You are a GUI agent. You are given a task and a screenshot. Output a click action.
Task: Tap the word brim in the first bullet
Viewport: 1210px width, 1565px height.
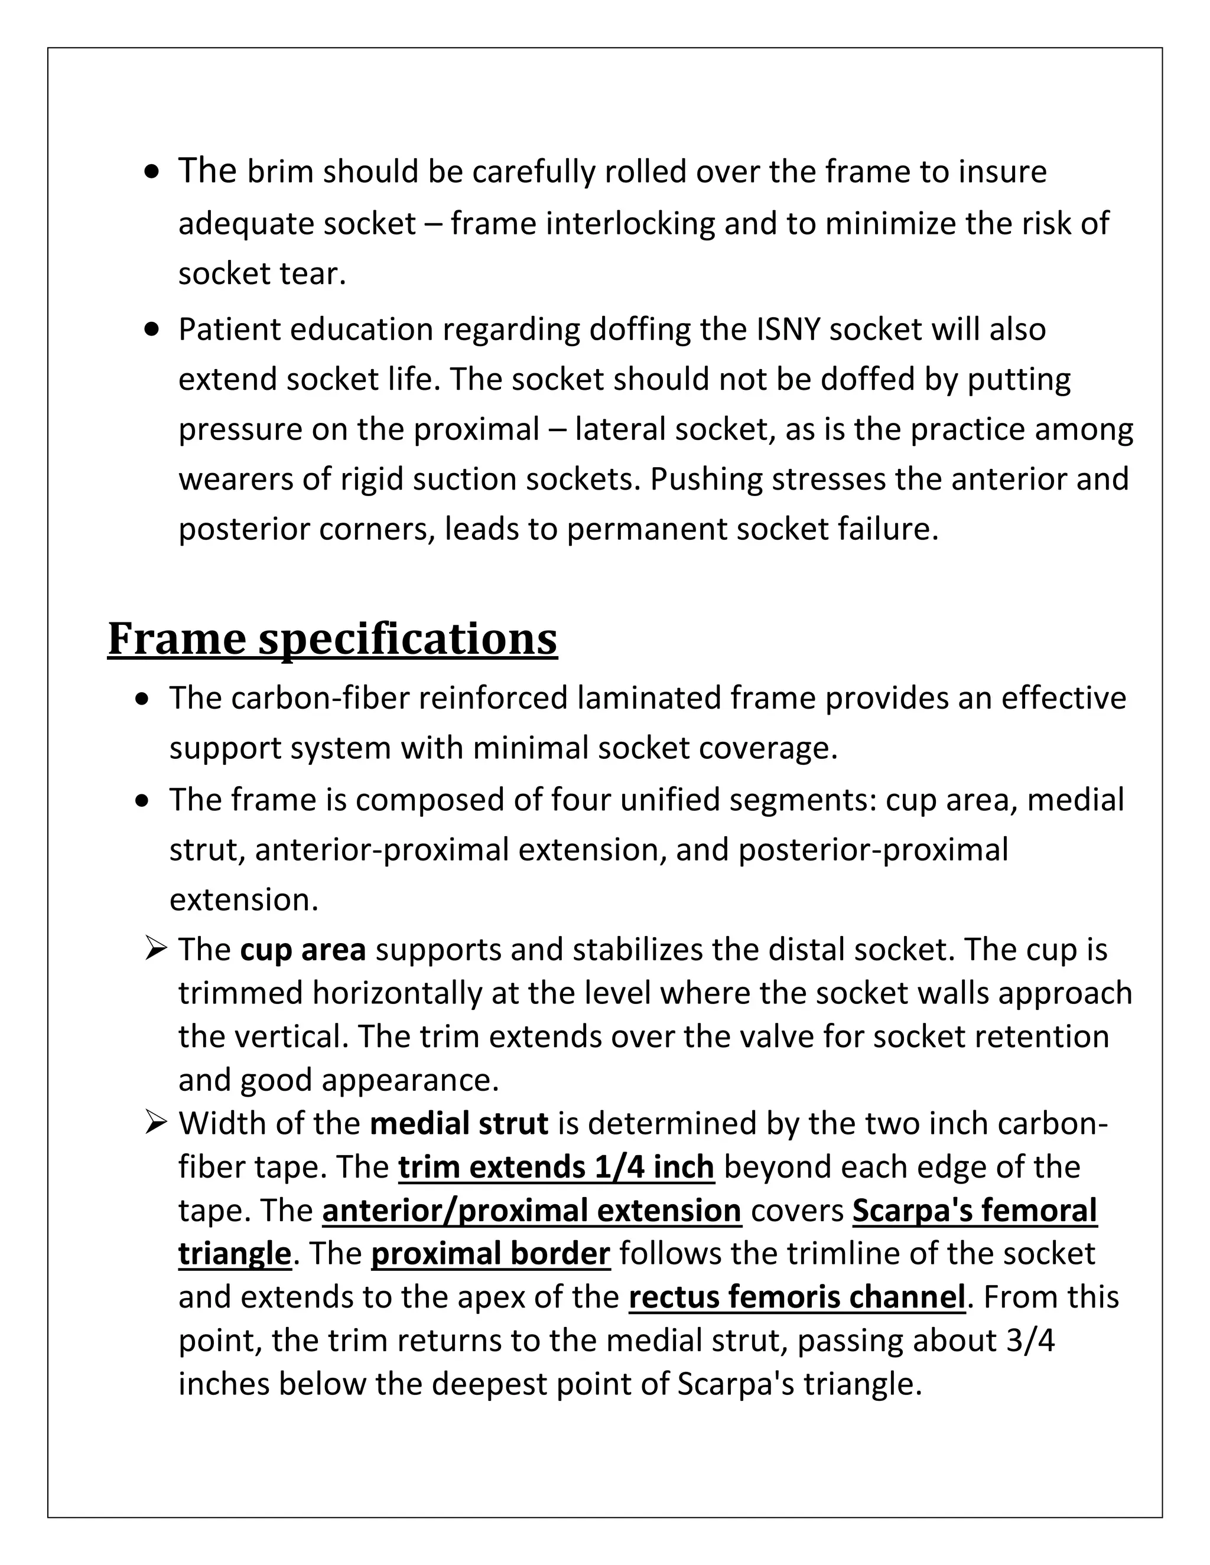pyautogui.click(x=280, y=172)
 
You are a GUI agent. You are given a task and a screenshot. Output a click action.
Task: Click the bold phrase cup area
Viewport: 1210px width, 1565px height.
pyautogui.click(x=302, y=949)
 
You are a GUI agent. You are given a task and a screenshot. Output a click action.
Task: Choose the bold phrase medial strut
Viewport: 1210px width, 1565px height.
pyautogui.click(x=458, y=1123)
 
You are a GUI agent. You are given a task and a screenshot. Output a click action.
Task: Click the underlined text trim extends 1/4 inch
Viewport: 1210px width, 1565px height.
pyautogui.click(x=556, y=1166)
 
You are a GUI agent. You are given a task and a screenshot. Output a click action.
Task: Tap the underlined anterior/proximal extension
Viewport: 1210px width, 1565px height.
pyautogui.click(x=531, y=1210)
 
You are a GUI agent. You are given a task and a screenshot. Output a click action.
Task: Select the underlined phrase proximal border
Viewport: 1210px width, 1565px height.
pyautogui.click(x=490, y=1254)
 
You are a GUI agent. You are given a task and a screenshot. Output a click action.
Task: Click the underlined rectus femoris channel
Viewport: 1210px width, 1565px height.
pyautogui.click(x=797, y=1297)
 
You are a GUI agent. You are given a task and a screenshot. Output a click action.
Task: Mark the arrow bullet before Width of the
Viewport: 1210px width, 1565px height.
pyautogui.click(x=155, y=1123)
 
